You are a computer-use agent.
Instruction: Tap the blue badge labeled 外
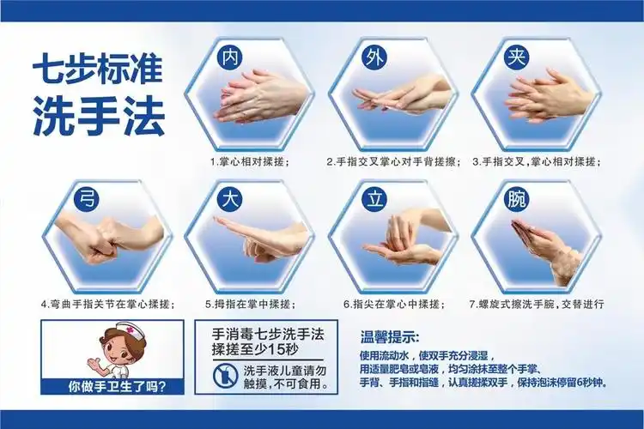(373, 58)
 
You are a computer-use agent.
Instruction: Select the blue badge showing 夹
(515, 58)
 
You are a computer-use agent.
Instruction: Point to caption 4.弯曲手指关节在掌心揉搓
(107, 304)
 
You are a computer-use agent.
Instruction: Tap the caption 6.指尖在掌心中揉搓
(392, 304)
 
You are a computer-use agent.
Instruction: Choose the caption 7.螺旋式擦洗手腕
(537, 304)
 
